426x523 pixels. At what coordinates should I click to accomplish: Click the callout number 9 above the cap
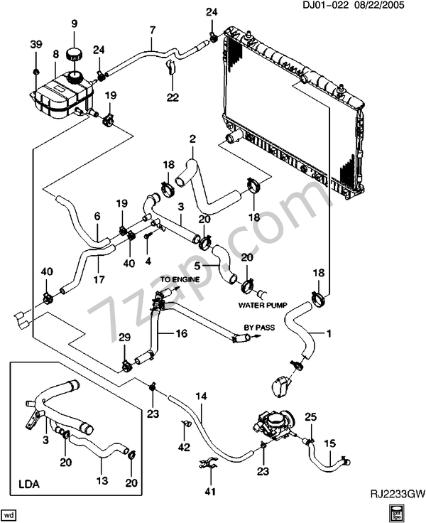(74, 23)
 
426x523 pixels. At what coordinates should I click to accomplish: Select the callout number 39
(36, 44)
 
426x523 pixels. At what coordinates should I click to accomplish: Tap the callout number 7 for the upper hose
(153, 31)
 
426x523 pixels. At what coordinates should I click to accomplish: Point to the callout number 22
(173, 97)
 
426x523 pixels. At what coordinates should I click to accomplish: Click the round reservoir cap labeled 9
(74, 55)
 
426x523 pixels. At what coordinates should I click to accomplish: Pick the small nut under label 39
(36, 71)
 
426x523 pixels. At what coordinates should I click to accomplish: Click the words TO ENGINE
(180, 279)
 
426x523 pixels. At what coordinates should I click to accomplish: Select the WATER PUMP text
(263, 305)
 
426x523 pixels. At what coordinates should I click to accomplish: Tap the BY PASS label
(259, 328)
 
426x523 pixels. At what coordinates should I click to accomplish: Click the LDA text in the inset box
(28, 484)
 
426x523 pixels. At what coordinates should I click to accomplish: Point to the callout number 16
(181, 333)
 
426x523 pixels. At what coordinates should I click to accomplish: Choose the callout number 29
(124, 338)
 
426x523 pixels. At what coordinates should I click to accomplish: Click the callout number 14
(201, 396)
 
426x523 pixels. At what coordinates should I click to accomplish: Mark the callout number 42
(184, 447)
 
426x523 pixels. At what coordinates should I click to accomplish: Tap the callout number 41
(210, 491)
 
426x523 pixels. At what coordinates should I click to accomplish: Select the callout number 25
(310, 416)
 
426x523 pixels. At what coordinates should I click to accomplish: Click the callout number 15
(329, 443)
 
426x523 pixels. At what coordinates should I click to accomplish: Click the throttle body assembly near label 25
(275, 425)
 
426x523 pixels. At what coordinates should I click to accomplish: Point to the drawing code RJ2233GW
(398, 493)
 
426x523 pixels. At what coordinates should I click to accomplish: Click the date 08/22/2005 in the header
(377, 5)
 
